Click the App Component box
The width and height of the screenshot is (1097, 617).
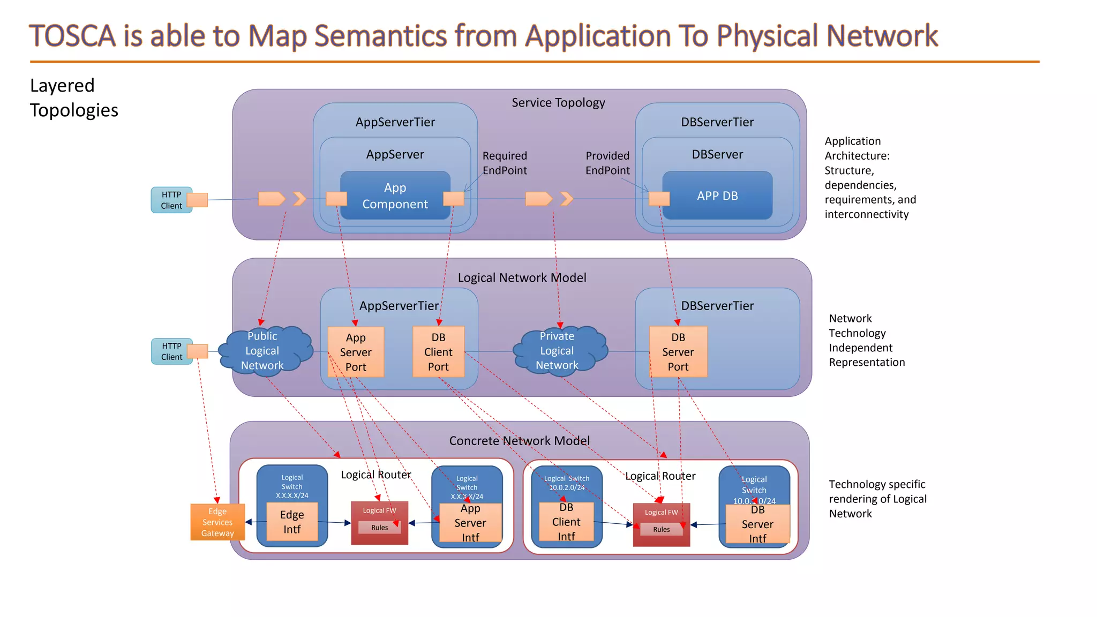(395, 195)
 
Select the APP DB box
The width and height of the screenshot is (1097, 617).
(717, 195)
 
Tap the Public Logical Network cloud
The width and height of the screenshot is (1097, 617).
(262, 351)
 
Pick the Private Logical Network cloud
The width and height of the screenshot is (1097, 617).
(557, 351)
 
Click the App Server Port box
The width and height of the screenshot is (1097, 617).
(356, 352)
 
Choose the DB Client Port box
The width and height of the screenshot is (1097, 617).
(438, 352)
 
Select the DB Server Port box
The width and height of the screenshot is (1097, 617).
(678, 352)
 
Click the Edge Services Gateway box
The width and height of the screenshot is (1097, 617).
(217, 522)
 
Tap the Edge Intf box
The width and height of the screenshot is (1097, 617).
(292, 522)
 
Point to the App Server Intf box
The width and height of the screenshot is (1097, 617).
(470, 523)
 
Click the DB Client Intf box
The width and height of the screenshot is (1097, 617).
(566, 522)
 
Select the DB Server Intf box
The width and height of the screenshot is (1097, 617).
(757, 524)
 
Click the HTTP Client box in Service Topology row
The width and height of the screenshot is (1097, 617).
(171, 200)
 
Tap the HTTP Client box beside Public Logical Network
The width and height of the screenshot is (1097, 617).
(171, 351)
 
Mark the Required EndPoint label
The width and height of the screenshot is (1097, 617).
(505, 163)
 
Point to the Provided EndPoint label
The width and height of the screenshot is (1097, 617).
(607, 163)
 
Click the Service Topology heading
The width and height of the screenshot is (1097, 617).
(558, 102)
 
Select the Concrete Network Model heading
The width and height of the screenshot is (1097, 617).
(519, 441)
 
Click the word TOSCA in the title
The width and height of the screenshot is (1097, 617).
(72, 36)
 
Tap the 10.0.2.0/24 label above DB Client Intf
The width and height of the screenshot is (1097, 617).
(567, 488)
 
